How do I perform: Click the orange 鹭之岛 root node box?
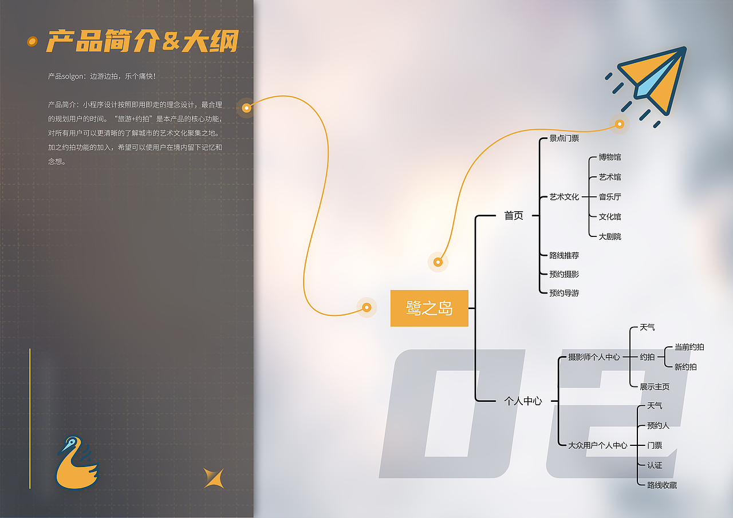[429, 309]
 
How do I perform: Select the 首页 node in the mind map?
[514, 216]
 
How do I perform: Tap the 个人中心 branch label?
[522, 401]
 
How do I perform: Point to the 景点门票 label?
[564, 138]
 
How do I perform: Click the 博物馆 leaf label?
[610, 157]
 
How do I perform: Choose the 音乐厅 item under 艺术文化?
[610, 197]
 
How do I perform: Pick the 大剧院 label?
[610, 236]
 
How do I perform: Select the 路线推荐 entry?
[564, 255]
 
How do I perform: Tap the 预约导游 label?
[564, 293]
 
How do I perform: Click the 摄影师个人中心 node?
[594, 357]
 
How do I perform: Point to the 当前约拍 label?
[689, 347]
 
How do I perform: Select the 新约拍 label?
[685, 367]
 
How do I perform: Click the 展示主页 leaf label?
[655, 387]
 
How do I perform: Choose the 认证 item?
[655, 465]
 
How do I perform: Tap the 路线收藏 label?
[662, 485]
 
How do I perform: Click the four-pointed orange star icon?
[213, 478]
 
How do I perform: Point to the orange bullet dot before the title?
[33, 41]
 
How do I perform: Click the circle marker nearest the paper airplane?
[619, 124]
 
